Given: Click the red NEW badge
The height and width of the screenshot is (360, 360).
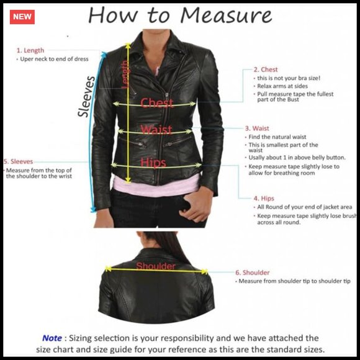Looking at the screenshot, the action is click(22, 17).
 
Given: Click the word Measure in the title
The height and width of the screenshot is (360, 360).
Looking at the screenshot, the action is click(226, 15).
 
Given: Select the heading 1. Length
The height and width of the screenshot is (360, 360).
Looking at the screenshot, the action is click(30, 50).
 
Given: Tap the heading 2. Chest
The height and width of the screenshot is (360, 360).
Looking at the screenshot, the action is click(266, 70).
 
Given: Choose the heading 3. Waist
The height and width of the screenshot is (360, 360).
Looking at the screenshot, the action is click(257, 128).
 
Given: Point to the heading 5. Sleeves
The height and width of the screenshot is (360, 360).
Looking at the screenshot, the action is click(19, 161).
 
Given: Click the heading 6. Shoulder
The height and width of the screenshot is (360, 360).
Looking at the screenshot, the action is click(253, 272).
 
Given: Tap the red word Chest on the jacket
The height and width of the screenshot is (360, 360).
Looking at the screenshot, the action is click(157, 102).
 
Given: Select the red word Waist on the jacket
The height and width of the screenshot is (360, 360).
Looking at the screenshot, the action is click(156, 130).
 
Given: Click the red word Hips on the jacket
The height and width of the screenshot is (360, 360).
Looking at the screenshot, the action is click(153, 162).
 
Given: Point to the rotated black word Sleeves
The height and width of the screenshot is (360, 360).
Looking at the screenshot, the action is click(86, 96).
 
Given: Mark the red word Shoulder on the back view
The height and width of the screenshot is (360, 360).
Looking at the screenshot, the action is click(156, 266).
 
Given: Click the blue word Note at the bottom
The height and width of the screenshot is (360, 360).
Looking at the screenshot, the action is click(52, 338).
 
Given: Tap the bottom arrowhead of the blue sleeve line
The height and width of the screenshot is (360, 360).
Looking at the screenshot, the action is click(93, 209).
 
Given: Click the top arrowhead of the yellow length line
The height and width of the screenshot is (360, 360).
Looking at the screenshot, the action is click(128, 45).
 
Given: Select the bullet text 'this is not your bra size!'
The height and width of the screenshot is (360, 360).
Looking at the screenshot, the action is click(289, 78).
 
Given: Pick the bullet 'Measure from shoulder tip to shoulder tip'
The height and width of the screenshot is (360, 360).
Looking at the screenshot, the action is click(295, 281).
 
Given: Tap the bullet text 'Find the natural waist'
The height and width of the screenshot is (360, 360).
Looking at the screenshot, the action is click(277, 137).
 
